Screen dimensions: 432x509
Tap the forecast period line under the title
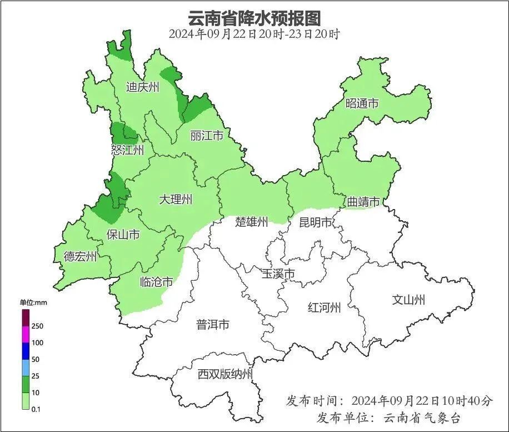(254, 34)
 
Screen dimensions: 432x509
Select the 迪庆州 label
(142, 87)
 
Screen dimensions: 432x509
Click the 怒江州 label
(127, 150)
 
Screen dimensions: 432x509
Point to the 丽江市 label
(207, 136)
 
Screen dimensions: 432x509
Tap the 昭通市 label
(362, 103)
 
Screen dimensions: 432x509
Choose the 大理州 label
(175, 199)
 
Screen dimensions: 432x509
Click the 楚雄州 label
(251, 222)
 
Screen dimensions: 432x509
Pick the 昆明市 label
(315, 223)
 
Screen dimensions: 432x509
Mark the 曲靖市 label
(363, 202)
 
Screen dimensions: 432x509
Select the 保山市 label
(123, 235)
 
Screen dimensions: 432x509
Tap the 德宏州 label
(80, 256)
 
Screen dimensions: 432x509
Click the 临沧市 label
(156, 282)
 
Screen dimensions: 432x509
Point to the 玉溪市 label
(278, 274)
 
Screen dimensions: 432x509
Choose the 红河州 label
(324, 307)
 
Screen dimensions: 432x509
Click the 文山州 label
(408, 300)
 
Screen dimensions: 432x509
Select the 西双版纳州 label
(225, 374)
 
